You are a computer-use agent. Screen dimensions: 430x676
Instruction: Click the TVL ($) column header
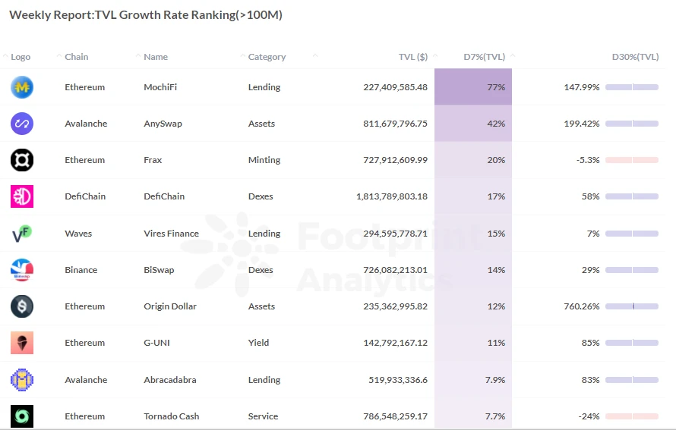tap(412, 57)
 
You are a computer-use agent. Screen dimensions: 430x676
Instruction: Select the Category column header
tap(267, 57)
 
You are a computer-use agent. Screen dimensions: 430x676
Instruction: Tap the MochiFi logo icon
tap(22, 87)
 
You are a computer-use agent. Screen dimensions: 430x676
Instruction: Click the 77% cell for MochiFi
tap(496, 87)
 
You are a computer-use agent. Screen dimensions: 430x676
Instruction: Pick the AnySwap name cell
tap(163, 124)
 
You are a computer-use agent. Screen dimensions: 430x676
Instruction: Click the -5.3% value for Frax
tap(588, 160)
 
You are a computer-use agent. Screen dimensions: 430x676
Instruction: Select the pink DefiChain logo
tap(22, 196)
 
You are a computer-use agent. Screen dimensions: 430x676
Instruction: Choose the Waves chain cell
tap(78, 234)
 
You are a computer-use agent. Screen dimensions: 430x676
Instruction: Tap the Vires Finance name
tap(171, 234)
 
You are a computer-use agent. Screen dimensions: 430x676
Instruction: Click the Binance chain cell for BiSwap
tap(81, 270)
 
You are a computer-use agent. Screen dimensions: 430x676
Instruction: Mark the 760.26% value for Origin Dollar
tap(581, 306)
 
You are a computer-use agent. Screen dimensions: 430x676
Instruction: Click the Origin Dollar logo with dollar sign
tap(22, 306)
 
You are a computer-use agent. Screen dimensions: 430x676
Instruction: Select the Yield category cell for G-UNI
tap(258, 343)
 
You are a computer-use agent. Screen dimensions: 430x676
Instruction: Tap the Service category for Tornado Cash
tap(263, 416)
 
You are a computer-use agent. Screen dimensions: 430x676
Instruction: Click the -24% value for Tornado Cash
tap(589, 416)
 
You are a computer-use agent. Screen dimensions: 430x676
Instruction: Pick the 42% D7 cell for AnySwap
tap(496, 124)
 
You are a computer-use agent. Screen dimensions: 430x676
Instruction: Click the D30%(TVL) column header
tap(635, 57)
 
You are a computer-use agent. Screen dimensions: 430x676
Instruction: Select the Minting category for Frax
tap(264, 160)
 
